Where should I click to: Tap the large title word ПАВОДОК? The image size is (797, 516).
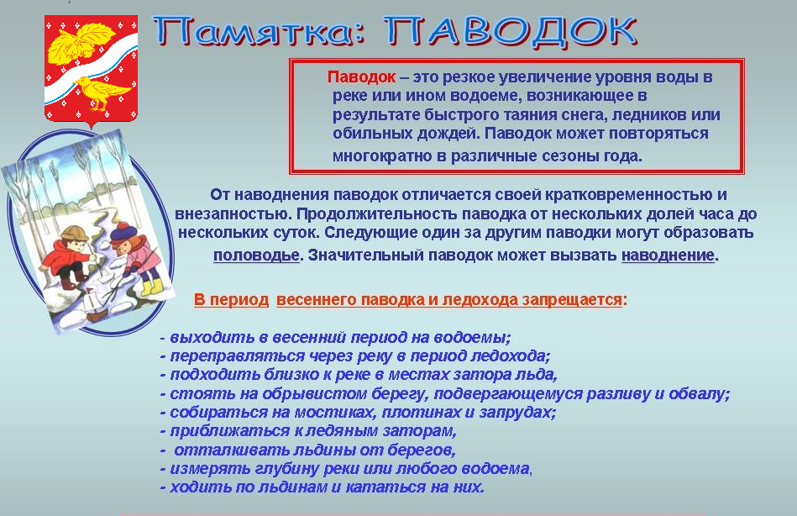510,32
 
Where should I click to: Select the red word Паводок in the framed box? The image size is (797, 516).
361,76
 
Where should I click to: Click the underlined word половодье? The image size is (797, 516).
256,255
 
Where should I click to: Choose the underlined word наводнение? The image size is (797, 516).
668,255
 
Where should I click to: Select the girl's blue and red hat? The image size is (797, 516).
123,232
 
